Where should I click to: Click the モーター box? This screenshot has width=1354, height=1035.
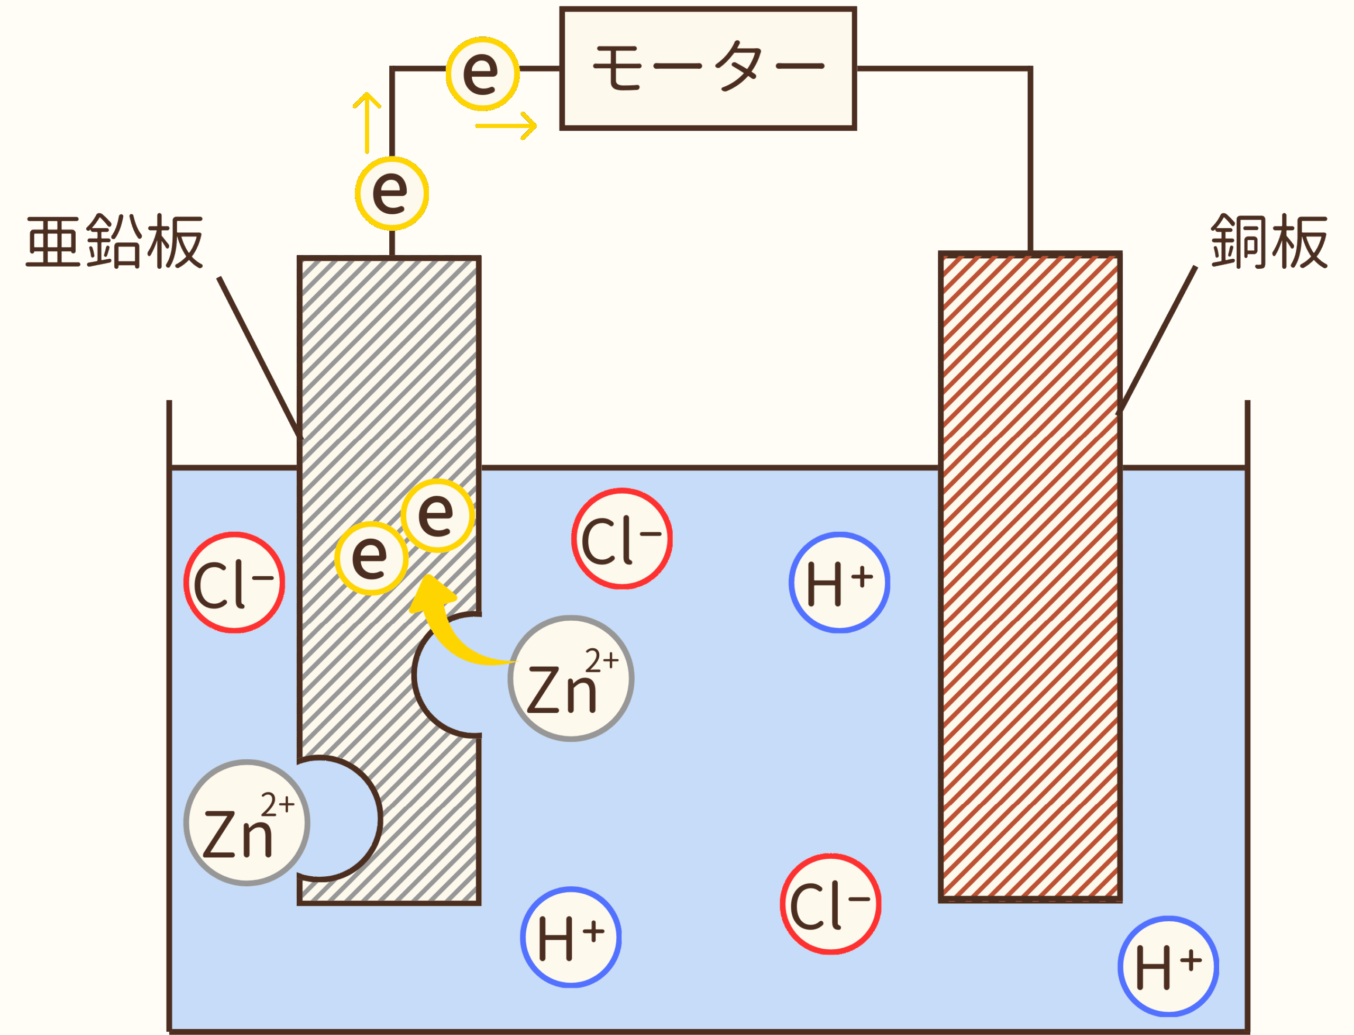tap(708, 68)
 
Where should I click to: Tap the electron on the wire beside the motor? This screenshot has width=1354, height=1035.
tap(482, 74)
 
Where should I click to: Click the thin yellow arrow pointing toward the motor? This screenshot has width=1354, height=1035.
tap(506, 126)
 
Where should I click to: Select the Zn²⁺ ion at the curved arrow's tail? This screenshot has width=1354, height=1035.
tap(570, 678)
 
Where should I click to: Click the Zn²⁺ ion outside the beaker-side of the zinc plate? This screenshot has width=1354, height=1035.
tap(246, 822)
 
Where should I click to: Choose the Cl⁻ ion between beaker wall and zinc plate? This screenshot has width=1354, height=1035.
tap(234, 582)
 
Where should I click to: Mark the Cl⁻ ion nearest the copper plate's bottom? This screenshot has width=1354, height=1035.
tap(830, 904)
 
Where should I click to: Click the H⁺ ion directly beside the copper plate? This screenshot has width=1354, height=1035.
tap(839, 582)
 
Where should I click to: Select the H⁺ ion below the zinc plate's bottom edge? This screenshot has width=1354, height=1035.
tap(570, 937)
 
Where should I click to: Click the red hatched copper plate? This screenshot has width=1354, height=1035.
tap(1029, 576)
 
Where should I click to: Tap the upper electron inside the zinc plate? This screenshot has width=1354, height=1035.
tap(437, 515)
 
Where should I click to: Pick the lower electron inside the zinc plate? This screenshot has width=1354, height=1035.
tap(371, 558)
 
